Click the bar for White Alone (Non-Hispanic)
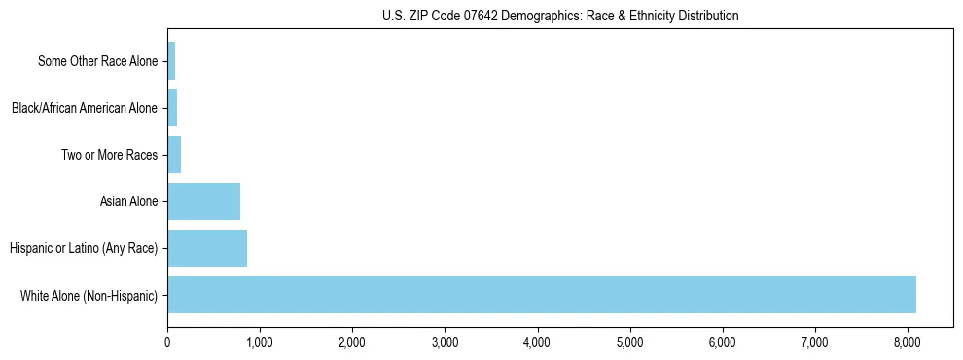pos(541,295)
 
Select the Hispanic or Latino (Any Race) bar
pos(207,248)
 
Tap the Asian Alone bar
pos(203,201)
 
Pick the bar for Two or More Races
pos(174,155)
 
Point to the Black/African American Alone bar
pos(172,108)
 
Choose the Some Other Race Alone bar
pos(171,61)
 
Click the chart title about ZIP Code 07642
pos(559,16)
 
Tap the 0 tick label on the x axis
pos(167,342)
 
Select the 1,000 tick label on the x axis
pos(260,342)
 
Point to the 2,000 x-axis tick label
pos(352,342)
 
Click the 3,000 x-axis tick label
pos(445,342)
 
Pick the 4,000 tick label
pos(537,342)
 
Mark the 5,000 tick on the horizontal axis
pos(629,342)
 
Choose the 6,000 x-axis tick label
pos(722,342)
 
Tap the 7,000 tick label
pos(814,342)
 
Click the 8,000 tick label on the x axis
pos(907,342)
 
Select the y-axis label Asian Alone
pos(128,201)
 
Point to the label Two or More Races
pos(109,155)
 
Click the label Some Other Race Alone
pos(97,61)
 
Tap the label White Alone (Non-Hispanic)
pos(89,295)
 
